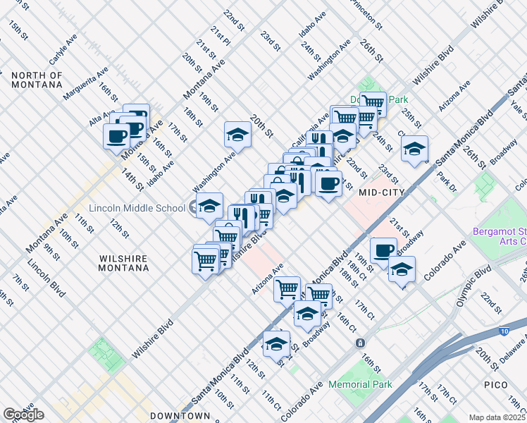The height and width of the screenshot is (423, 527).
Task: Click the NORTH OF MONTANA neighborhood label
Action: [37, 80]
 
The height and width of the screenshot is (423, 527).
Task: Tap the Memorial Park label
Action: [359, 385]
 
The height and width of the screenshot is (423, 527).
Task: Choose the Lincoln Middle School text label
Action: [137, 209]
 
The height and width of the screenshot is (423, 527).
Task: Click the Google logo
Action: [23, 415]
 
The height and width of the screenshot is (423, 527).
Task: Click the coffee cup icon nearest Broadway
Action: [383, 250]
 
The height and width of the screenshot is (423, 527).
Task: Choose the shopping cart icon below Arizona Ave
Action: [287, 288]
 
